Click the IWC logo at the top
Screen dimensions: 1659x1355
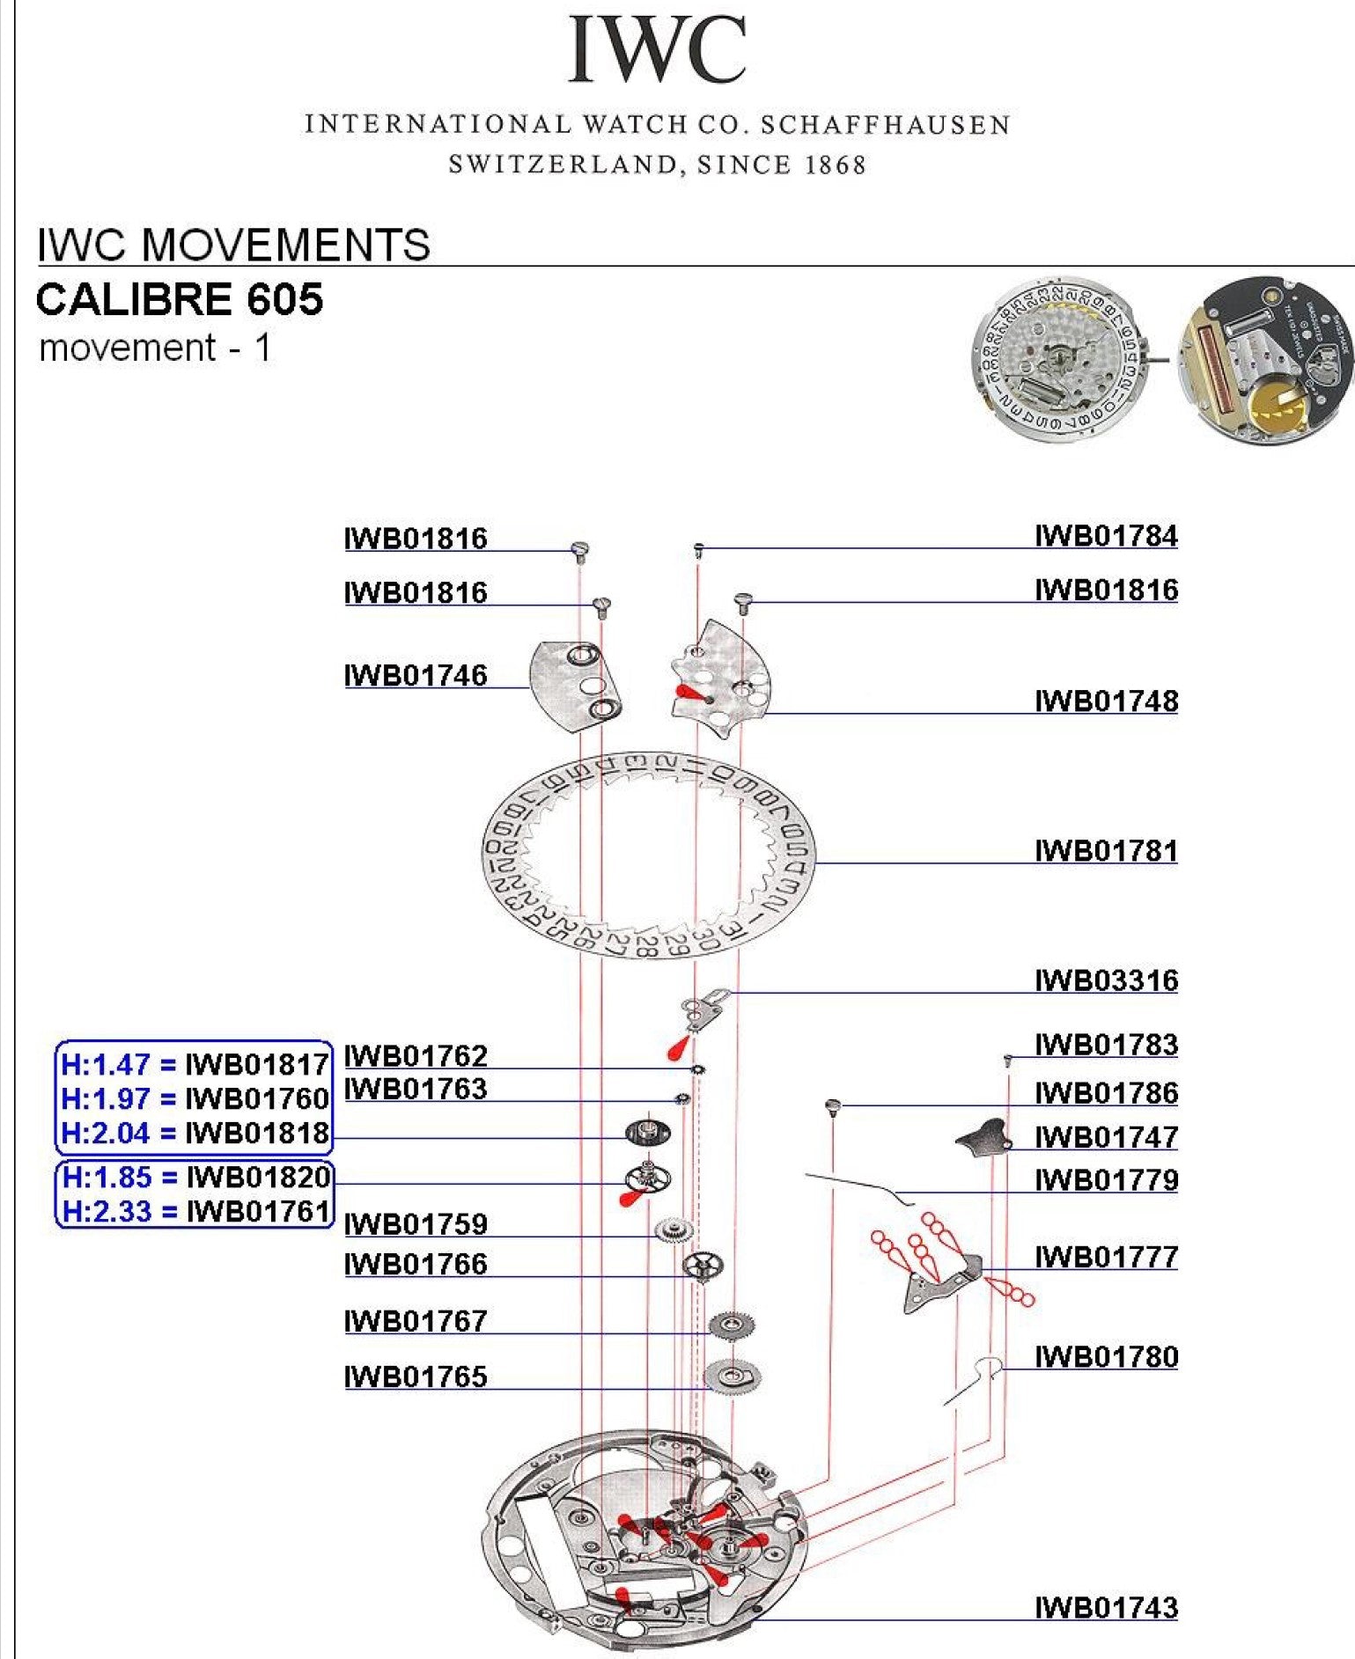[657, 50]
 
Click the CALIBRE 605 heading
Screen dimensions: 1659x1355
[180, 299]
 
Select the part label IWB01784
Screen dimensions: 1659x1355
[1106, 535]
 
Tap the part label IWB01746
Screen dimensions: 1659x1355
[416, 675]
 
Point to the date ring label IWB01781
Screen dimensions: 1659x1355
[1106, 850]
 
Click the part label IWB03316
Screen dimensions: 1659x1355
[1106, 980]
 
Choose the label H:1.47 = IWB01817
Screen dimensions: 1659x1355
[195, 1065]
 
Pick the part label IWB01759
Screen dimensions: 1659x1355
[416, 1223]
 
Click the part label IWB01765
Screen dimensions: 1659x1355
[416, 1376]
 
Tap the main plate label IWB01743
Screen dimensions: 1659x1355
[1106, 1607]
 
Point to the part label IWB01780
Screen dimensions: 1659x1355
[1106, 1356]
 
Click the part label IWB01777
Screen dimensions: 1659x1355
[1106, 1256]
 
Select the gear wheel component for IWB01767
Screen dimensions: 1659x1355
[732, 1325]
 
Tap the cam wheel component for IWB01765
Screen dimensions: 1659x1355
[733, 1376]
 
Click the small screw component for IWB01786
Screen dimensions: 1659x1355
[833, 1106]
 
